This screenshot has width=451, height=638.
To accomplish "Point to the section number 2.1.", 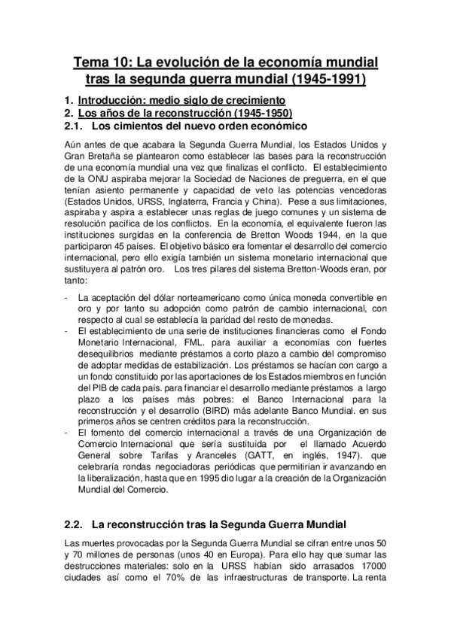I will tap(73, 126).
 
